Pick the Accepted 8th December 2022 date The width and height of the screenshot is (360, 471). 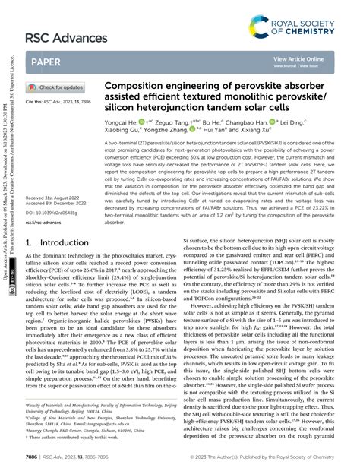61,203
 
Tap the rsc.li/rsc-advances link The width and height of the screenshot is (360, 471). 50,224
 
